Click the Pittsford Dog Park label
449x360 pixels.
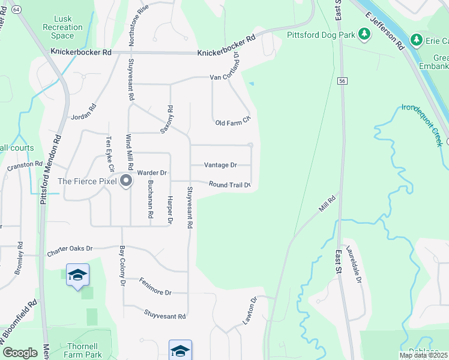(321, 35)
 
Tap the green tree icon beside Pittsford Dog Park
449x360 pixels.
(364, 34)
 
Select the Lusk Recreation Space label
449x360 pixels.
(62, 28)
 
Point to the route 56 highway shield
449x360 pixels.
(342, 80)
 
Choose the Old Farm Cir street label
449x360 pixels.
(232, 123)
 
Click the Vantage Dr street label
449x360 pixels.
(220, 165)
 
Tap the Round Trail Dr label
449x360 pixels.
(229, 185)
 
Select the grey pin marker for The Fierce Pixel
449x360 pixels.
(126, 180)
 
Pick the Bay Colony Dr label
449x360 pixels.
(122, 265)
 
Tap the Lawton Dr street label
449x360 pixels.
(249, 311)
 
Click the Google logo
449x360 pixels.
(19, 352)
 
